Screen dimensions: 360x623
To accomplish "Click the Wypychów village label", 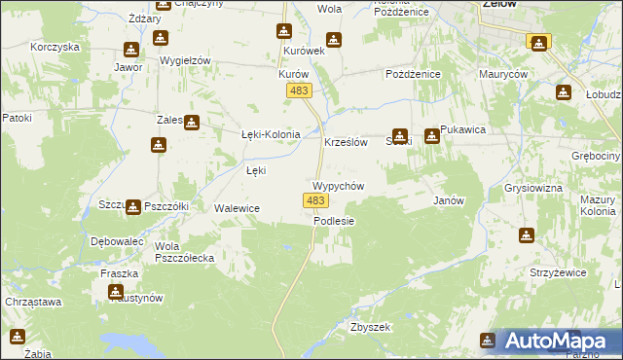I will (338, 186).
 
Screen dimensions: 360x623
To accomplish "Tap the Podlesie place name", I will (334, 221).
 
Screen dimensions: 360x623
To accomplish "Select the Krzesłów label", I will (345, 142).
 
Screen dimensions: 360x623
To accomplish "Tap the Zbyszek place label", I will (370, 328).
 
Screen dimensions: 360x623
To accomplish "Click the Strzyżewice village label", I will (556, 273).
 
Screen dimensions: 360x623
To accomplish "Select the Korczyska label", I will (54, 47).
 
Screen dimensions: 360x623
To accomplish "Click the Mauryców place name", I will (502, 74).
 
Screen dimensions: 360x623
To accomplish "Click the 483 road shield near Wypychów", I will (313, 200).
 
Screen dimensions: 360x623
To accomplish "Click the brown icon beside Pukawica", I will (431, 136).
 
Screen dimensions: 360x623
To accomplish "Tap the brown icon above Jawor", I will (131, 50).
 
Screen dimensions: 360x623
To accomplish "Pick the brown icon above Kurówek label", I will (284, 31).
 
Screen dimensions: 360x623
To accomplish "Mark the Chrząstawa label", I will (33, 303).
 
